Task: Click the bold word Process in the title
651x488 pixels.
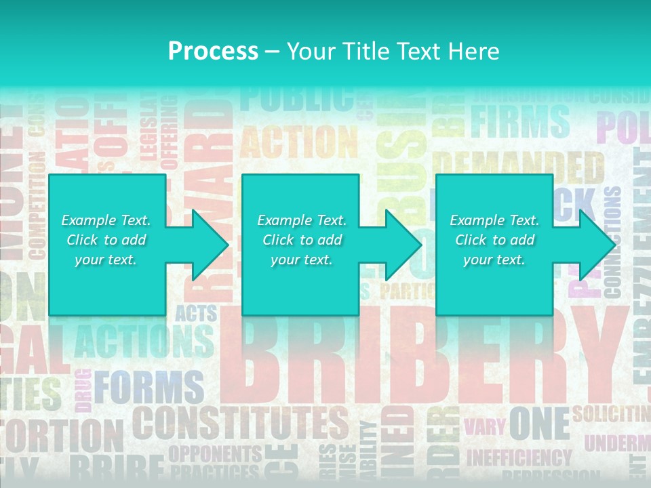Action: (213, 51)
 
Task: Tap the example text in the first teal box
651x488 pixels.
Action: (106, 240)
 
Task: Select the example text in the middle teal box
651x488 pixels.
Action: (302, 240)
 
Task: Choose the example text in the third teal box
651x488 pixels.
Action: (494, 240)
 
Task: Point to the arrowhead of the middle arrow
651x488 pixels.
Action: (405, 245)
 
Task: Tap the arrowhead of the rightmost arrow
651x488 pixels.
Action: (599, 245)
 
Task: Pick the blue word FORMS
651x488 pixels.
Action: (149, 387)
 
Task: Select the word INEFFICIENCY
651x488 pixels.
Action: (519, 457)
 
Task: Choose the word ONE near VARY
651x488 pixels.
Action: (539, 424)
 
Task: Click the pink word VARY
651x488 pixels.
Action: (484, 426)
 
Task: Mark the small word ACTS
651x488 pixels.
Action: (196, 313)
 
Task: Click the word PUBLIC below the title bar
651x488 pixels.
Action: (296, 99)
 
